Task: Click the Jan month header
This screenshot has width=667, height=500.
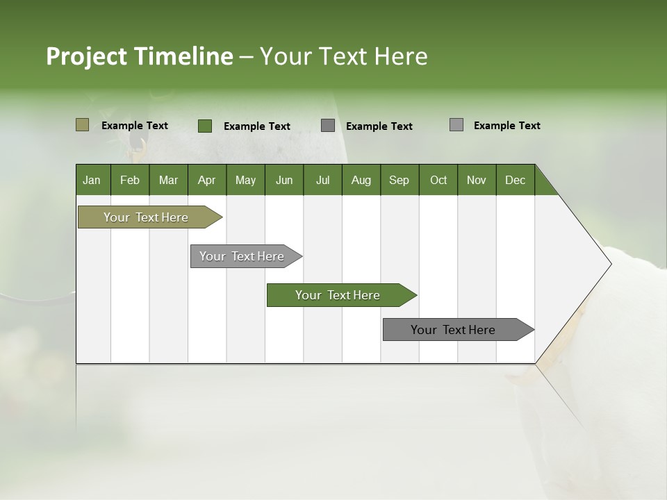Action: (92, 180)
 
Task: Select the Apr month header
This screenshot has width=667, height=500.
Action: (206, 180)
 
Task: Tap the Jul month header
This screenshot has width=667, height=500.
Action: (322, 180)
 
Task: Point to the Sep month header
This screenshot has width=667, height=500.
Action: (399, 180)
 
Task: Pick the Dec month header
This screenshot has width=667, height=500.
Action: (515, 180)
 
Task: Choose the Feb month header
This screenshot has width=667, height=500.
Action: (130, 180)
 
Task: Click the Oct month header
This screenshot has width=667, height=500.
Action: (438, 180)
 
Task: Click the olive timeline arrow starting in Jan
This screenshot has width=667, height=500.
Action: (147, 217)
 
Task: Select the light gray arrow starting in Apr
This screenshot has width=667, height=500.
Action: (242, 256)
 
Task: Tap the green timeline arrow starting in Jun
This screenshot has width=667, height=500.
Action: (338, 295)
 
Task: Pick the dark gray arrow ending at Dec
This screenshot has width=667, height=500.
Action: (454, 330)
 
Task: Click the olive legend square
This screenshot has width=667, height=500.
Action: (83, 125)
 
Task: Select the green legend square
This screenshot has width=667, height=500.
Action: (205, 126)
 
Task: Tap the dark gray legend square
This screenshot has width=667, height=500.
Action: (328, 126)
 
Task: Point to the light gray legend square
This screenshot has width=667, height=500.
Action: (456, 125)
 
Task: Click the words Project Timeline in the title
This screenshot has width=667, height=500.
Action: (139, 56)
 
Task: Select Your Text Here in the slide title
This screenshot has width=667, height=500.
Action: (344, 56)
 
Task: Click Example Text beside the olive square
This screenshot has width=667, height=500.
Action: (135, 126)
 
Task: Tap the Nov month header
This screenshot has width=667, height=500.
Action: (477, 180)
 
